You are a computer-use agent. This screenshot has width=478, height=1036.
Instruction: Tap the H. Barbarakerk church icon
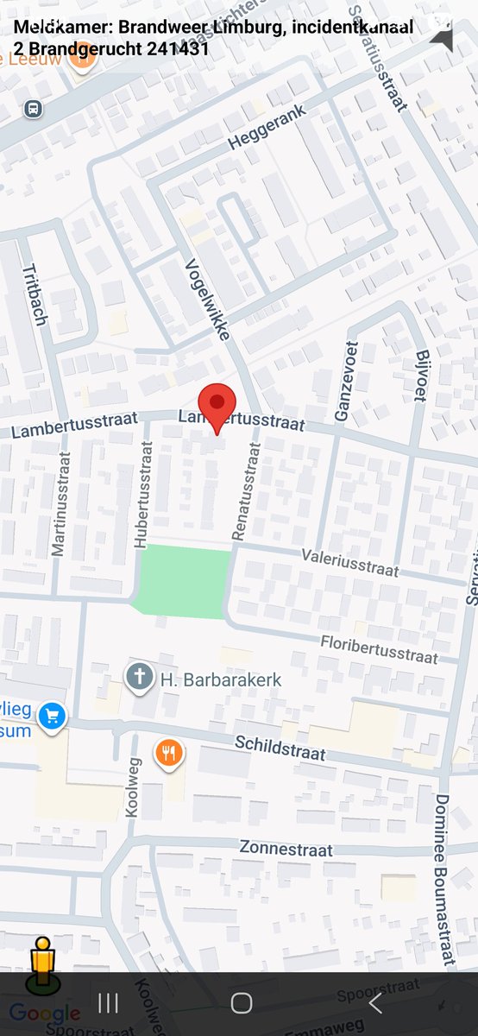point(139,678)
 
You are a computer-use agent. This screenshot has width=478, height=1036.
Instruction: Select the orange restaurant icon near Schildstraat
point(169,754)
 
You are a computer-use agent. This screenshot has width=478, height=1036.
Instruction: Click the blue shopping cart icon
point(53,716)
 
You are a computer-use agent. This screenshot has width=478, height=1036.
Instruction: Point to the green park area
point(184,581)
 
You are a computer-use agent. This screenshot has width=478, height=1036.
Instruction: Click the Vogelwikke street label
point(208,297)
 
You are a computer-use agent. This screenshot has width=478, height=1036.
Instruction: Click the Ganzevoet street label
point(343,381)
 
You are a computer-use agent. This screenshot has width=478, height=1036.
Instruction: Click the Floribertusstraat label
point(379,648)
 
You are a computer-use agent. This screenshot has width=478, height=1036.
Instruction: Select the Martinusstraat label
point(60,504)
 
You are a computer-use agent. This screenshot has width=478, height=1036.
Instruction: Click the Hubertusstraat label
point(143,495)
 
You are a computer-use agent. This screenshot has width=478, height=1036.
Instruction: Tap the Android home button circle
point(241,1003)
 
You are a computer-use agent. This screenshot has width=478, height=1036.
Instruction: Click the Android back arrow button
point(374,1003)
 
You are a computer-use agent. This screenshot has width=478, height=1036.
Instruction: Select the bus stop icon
point(33,110)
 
